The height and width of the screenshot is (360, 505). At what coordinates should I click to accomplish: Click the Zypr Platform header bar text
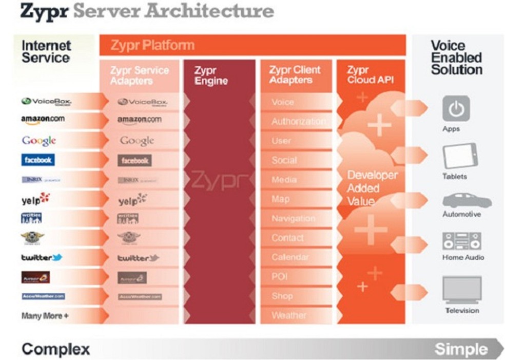point(152,45)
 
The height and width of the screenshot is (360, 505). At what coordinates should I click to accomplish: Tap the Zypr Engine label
point(211,75)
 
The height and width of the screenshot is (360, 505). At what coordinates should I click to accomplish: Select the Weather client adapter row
point(288,315)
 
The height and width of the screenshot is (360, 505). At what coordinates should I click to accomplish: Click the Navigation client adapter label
point(293,218)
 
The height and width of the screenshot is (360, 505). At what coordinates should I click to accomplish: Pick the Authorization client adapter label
point(298,122)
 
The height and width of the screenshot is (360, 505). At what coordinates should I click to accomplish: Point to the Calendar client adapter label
point(290,257)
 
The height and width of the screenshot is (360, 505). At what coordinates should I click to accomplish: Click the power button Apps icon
point(456,108)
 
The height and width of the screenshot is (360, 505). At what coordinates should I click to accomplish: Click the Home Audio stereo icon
point(461,241)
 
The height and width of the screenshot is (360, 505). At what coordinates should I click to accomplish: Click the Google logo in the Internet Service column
point(39,141)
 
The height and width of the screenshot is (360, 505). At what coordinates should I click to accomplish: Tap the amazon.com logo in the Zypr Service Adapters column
point(139,120)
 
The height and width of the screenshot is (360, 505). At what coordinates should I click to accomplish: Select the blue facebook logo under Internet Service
point(38,160)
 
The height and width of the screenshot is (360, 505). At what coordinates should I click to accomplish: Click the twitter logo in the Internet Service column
point(42,257)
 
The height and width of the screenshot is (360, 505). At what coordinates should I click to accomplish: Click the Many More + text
point(45,316)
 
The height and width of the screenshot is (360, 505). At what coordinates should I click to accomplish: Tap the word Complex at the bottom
point(56,349)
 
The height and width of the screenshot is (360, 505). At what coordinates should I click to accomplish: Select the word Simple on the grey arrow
point(461,349)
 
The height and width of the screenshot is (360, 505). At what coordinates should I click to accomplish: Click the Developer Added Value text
point(372,187)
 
